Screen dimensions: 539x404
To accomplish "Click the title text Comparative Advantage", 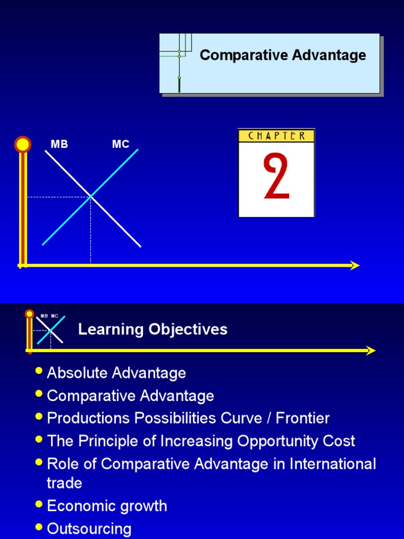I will click(282, 55).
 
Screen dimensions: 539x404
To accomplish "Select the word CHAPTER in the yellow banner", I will click(276, 136).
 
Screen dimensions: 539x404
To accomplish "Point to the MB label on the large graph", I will click(59, 144).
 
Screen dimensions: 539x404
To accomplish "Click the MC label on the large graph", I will click(120, 144).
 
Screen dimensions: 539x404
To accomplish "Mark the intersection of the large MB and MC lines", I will click(91, 197).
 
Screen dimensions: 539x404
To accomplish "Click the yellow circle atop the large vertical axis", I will click(23, 144).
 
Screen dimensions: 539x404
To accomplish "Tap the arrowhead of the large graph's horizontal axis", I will click(355, 265).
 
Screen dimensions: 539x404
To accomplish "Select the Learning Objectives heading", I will click(153, 330).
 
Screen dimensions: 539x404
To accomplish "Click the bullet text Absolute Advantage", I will click(116, 373).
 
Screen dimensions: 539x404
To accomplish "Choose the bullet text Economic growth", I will click(107, 506).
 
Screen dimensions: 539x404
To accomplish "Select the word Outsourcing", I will click(89, 528).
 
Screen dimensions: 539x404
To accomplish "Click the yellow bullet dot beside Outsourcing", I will click(38, 526).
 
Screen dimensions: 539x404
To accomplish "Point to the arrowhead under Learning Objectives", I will click(371, 351).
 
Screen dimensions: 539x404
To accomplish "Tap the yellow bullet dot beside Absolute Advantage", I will click(38, 371).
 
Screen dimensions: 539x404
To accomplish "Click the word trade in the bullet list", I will click(64, 483).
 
